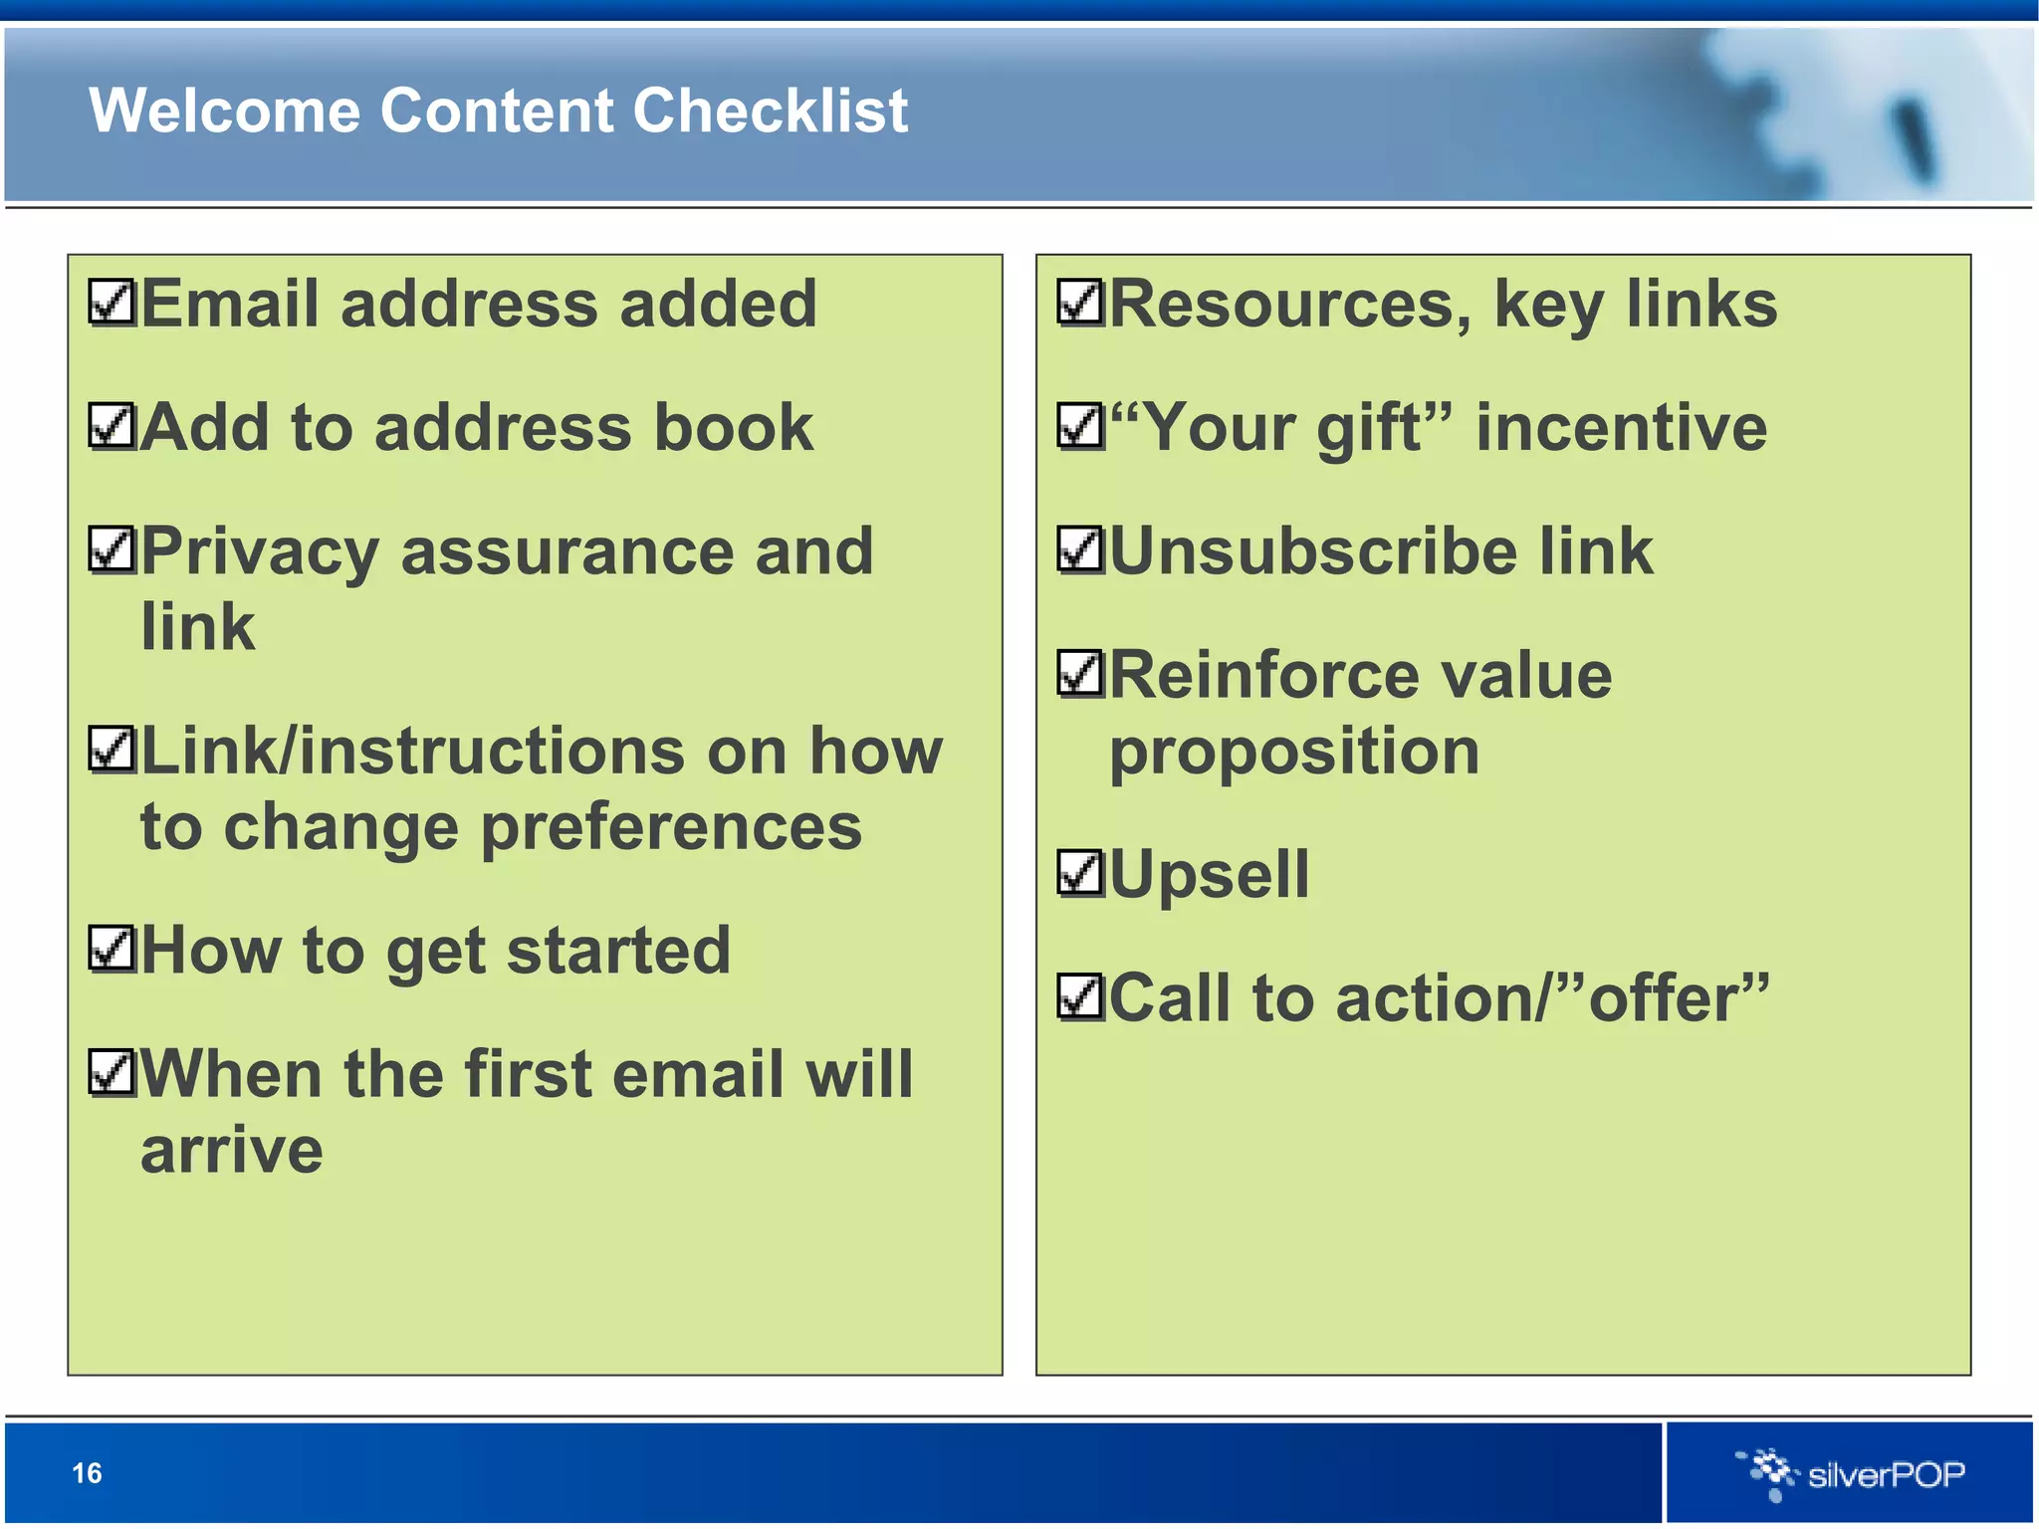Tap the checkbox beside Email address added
[112, 303]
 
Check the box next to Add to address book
[112, 427]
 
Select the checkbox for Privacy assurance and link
[112, 550]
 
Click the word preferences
[671, 828]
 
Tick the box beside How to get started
[112, 949]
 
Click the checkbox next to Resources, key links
[1080, 303]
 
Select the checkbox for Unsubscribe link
[1080, 550]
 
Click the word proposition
[1294, 753]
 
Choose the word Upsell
[1209, 875]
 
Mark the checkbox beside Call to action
[1080, 997]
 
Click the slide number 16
[88, 1473]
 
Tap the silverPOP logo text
[1886, 1474]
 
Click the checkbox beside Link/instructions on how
[112, 750]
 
